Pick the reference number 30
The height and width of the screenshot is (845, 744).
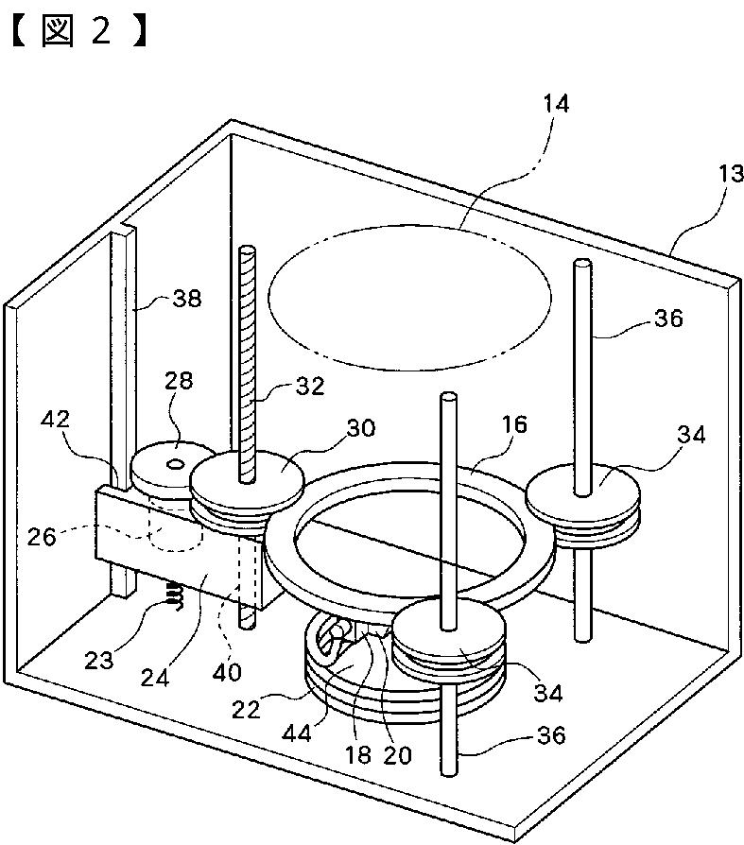[360, 427]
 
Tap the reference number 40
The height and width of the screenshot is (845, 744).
[228, 672]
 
